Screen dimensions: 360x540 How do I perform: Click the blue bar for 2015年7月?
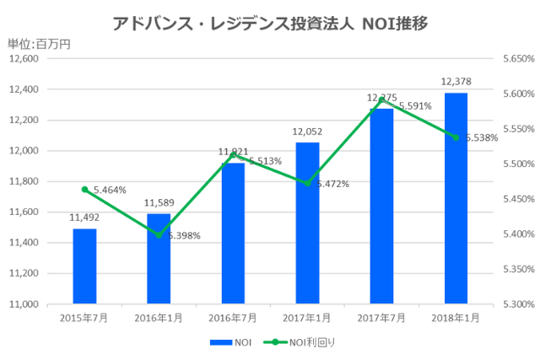coord(84,266)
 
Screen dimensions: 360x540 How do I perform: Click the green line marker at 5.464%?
coord(84,190)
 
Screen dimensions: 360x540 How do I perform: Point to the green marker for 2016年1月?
coord(159,235)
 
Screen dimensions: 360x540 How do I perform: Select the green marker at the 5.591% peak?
coord(381,100)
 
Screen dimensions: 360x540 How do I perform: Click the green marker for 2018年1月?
coord(456,137)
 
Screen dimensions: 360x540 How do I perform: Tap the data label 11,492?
coord(84,218)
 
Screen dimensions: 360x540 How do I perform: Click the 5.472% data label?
coord(332,184)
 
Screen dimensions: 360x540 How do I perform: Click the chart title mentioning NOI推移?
coord(270,23)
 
